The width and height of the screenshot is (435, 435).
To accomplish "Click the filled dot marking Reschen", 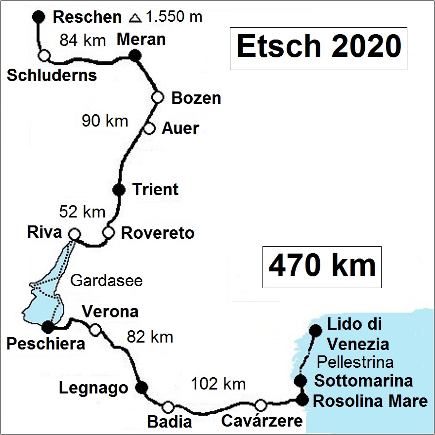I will click(38, 16).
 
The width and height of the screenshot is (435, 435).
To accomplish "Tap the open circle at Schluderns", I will click(44, 55).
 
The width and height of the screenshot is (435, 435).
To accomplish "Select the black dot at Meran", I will click(135, 56).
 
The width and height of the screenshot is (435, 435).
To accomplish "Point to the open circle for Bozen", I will click(158, 97).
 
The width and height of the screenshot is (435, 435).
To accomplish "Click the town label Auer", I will click(180, 129).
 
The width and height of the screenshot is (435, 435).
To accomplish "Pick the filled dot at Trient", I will click(119, 189).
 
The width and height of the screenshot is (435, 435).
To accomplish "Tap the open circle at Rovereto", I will click(108, 232).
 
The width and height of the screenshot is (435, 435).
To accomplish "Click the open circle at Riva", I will click(74, 233).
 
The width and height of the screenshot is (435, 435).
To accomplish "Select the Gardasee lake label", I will click(107, 281).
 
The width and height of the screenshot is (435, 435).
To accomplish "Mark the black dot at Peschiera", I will click(48, 327).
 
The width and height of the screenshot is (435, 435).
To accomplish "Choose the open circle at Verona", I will click(95, 330).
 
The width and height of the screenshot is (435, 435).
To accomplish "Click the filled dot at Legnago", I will click(142, 388).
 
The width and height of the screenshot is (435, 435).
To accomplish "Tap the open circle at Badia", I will click(168, 406).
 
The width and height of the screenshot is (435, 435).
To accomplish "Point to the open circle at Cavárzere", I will click(261, 405).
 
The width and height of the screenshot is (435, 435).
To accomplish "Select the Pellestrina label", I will click(355, 362).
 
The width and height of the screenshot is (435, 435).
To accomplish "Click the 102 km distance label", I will click(218, 383).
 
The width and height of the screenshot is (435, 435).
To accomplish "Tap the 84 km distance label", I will click(83, 40).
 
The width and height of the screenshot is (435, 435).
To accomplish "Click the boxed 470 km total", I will click(322, 266).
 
